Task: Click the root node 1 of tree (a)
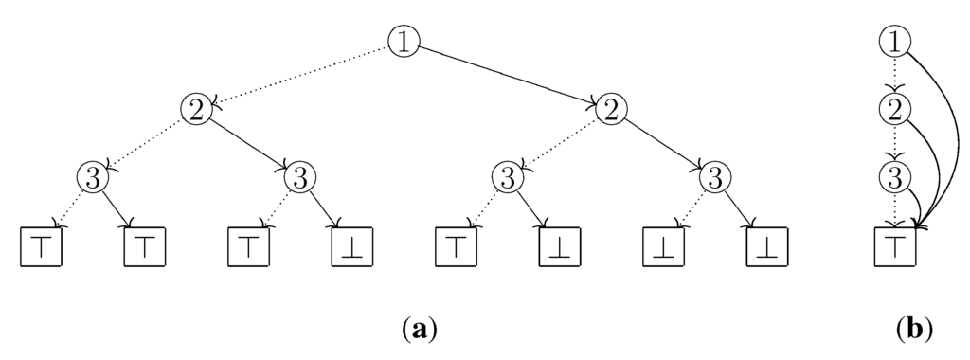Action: click(x=404, y=41)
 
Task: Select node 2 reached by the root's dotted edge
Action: click(x=195, y=109)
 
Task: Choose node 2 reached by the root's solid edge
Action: click(x=612, y=109)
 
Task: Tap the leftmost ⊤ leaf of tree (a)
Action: click(x=40, y=246)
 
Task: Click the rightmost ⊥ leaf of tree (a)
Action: click(x=765, y=246)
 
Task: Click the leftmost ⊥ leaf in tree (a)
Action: click(x=350, y=246)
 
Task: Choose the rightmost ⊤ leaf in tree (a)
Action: click(x=455, y=246)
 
